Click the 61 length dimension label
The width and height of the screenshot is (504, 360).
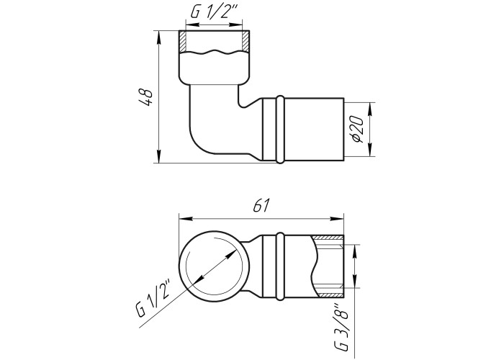[x=261, y=206]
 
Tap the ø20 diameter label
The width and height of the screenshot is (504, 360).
[x=358, y=129]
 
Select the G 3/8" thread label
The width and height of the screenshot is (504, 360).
[x=343, y=328]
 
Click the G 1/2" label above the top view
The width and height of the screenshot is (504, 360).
[x=213, y=12]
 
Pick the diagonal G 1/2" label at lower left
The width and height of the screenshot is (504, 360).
[x=155, y=297]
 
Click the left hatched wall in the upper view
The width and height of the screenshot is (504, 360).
[x=183, y=41]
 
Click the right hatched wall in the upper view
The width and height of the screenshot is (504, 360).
[x=246, y=41]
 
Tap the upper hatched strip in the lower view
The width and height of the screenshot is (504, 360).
[x=328, y=238]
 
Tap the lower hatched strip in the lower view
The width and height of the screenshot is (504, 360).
[x=331, y=294]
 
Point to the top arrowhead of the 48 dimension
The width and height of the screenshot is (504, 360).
[x=159, y=36]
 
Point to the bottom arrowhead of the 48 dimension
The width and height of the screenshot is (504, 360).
[x=159, y=158]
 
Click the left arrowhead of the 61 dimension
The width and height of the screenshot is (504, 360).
[x=186, y=219]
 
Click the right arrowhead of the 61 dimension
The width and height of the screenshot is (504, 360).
[x=337, y=219]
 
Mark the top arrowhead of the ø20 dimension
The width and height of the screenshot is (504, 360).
[x=370, y=109]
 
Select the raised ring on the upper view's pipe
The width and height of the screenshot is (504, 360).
[x=280, y=130]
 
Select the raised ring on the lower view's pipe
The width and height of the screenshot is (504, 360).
[x=280, y=266]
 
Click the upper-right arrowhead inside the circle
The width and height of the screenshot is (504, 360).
[x=231, y=255]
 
